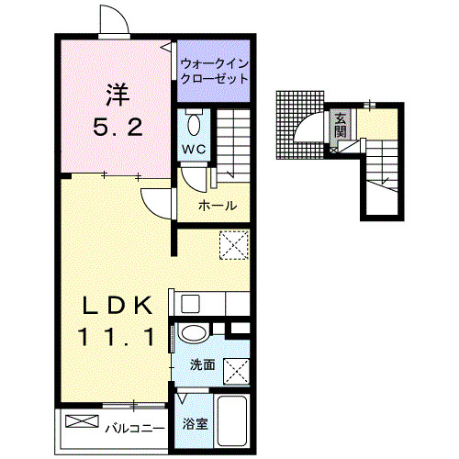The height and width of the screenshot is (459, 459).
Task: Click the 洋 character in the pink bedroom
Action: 115,93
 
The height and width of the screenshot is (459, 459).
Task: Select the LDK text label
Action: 114,305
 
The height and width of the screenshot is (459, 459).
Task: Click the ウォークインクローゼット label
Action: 214,71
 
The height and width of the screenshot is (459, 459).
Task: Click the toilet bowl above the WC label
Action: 193,123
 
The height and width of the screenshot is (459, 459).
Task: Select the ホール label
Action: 218,206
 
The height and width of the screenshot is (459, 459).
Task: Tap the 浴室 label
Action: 194,424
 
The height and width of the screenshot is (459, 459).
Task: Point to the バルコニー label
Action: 134,428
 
